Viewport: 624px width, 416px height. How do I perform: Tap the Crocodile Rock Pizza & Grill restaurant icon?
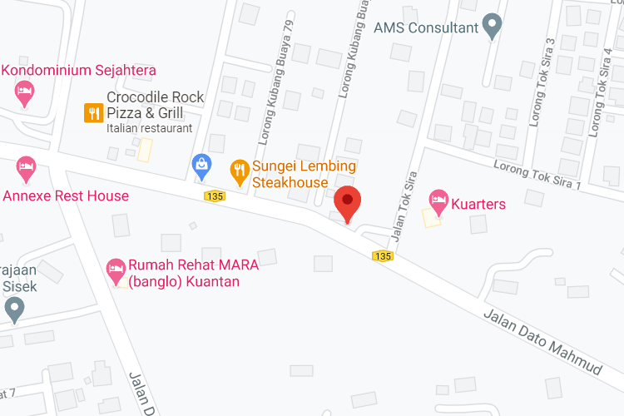(93, 113)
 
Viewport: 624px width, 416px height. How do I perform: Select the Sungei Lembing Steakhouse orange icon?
(240, 171)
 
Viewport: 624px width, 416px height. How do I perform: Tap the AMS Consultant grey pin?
(493, 26)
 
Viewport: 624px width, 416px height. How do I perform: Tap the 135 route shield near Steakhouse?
(215, 196)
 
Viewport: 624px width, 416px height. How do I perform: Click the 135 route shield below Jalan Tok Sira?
(382, 255)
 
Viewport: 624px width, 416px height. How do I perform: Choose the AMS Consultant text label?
(426, 27)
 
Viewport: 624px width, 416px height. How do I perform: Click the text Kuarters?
(478, 203)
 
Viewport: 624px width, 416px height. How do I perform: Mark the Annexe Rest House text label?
(67, 196)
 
